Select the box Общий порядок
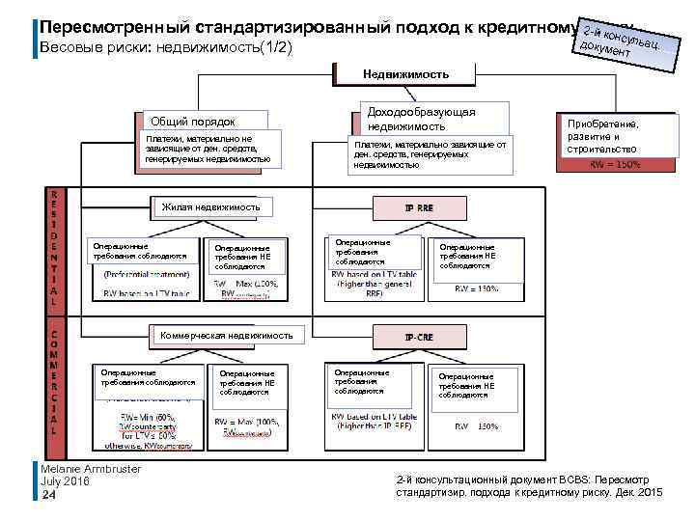(x=191, y=122)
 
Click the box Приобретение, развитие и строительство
(x=615, y=136)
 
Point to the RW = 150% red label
(x=615, y=163)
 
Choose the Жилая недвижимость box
(x=210, y=206)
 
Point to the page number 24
(x=49, y=495)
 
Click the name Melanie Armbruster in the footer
(x=92, y=469)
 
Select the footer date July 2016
(x=66, y=481)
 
